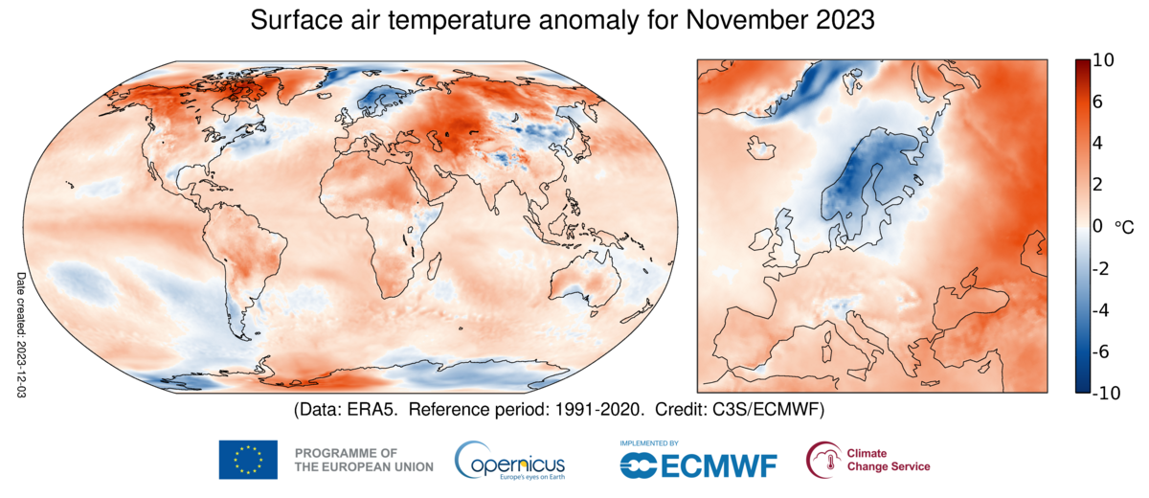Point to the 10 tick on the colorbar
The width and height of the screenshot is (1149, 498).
1103,60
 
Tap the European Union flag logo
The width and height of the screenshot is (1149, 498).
248,460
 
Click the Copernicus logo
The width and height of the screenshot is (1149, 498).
509,460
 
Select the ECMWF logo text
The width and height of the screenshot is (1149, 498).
699,464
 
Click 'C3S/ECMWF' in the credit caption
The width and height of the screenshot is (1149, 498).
775,409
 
